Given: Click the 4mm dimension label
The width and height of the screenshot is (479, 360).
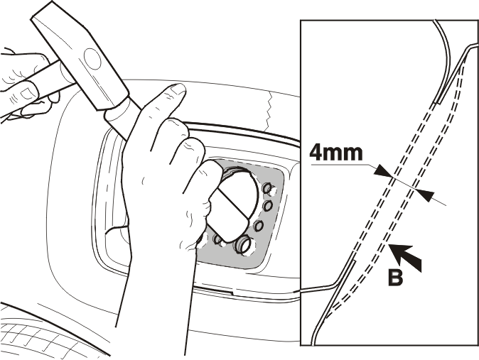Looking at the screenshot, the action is (x=335, y=153).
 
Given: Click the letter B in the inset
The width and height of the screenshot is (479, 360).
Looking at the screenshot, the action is (x=395, y=277).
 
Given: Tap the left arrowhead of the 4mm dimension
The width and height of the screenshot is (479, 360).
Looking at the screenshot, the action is (x=383, y=171).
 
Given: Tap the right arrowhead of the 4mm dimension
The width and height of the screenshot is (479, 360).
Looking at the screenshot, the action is (x=424, y=195).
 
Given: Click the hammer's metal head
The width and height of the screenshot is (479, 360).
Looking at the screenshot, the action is (x=80, y=56).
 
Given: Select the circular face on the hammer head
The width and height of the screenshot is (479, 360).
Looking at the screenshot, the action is (x=92, y=59).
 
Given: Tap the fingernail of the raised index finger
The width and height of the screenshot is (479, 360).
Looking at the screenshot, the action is (x=178, y=89).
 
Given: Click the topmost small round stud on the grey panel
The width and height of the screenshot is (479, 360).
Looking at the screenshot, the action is (x=268, y=188).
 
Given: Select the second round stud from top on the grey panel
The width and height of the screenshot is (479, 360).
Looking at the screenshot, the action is (x=268, y=206).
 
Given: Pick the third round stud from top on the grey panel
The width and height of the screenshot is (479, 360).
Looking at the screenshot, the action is (x=259, y=226).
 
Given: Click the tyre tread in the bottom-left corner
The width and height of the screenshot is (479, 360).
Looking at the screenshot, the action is (x=45, y=339).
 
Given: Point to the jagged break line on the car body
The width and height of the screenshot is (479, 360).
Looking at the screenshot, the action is (x=268, y=111).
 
